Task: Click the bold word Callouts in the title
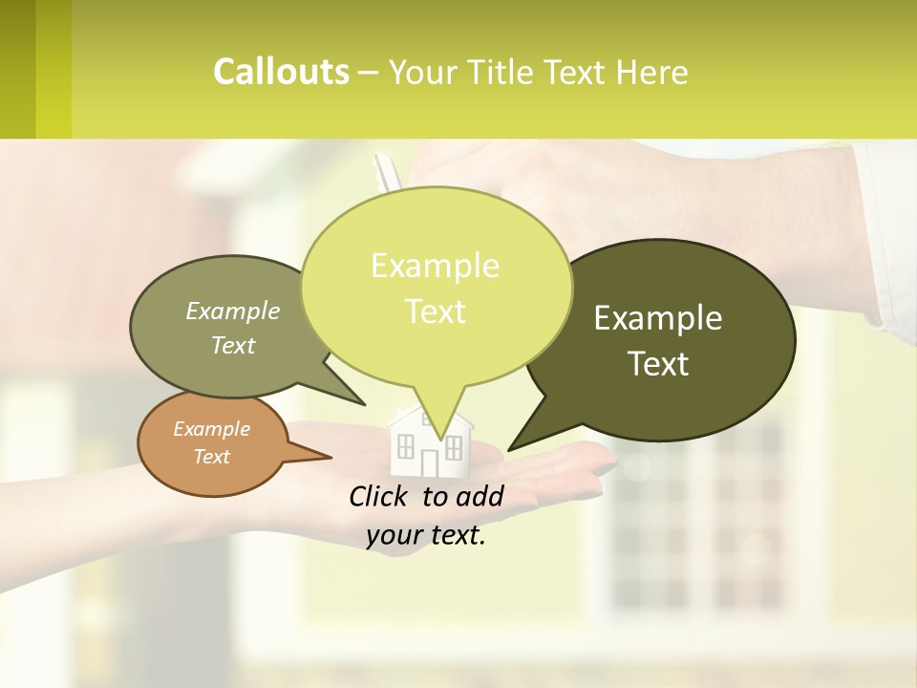point(281,72)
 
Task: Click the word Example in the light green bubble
point(435,266)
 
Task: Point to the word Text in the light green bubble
point(435,312)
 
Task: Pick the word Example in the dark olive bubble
point(658,318)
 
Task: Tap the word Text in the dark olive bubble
point(658,364)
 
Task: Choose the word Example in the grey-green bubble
point(233,311)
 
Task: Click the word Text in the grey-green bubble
point(233,345)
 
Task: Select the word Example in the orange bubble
point(211,429)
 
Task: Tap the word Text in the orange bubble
point(211,457)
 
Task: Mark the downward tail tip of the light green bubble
point(440,441)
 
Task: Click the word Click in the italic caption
point(379,496)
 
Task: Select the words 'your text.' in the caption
point(426,536)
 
